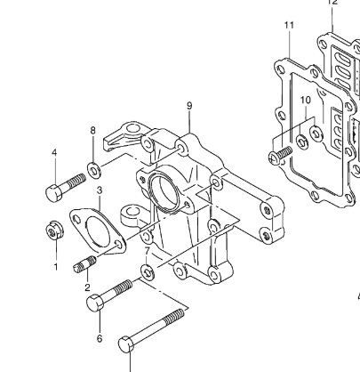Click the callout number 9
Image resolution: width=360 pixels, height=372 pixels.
pyautogui.click(x=189, y=106)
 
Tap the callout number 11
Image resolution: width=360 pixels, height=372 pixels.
pyautogui.click(x=289, y=25)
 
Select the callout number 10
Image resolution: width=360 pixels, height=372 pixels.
pyautogui.click(x=306, y=100)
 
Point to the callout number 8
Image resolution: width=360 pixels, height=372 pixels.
pyautogui.click(x=93, y=130)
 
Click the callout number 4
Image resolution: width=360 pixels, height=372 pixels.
pyautogui.click(x=54, y=152)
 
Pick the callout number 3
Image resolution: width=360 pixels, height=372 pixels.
pyautogui.click(x=100, y=190)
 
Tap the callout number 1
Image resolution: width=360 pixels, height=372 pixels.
pyautogui.click(x=56, y=267)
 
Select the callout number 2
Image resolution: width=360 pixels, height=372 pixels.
pyautogui.click(x=87, y=287)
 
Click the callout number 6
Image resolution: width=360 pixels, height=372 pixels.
pyautogui.click(x=100, y=338)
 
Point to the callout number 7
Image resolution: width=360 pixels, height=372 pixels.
pyautogui.click(x=148, y=251)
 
